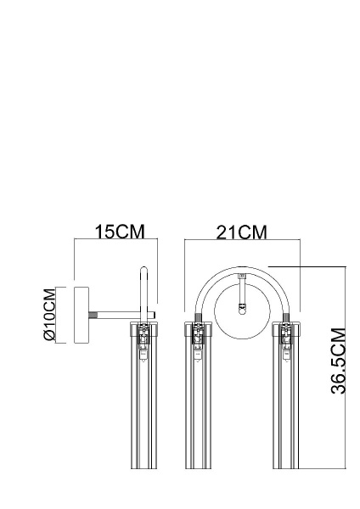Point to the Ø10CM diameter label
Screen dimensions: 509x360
click(x=49, y=314)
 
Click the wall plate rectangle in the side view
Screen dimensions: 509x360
click(x=83, y=314)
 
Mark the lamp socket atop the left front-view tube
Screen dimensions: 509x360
click(x=198, y=338)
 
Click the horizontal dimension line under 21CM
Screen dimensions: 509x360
click(x=242, y=243)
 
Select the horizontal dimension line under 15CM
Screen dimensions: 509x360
click(x=115, y=243)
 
